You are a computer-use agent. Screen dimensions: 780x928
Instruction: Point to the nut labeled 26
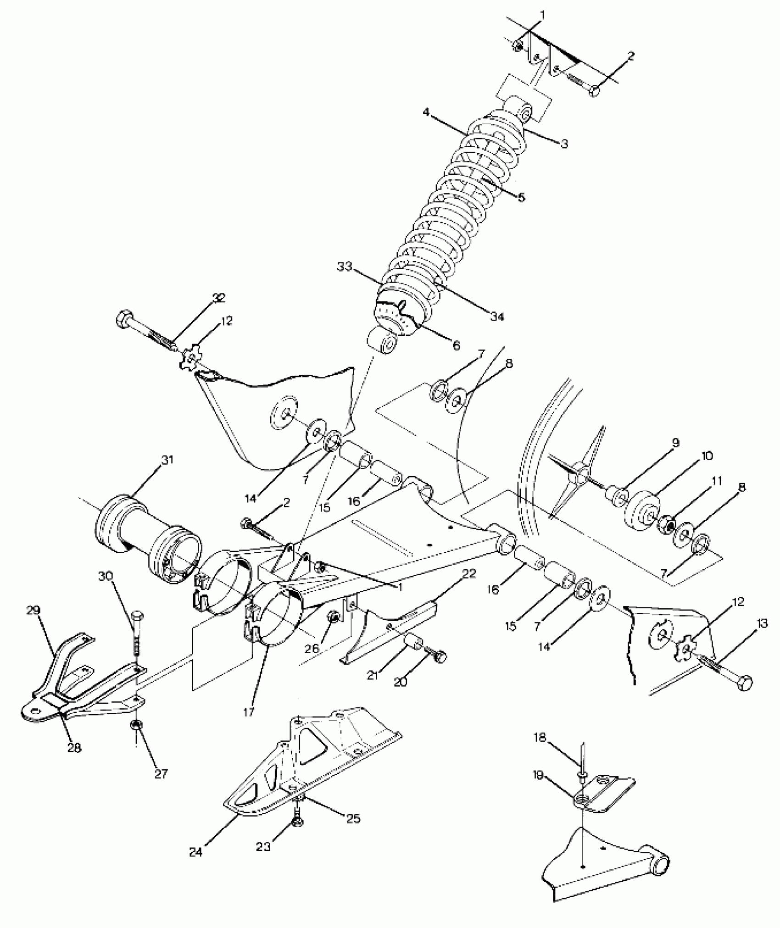tap(334, 618)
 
